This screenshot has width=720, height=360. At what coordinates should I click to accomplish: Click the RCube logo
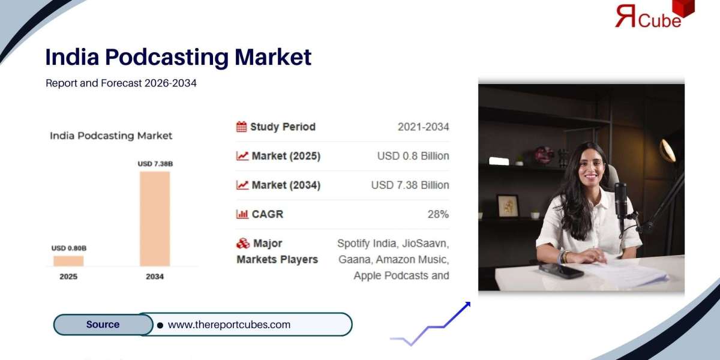coord(655,14)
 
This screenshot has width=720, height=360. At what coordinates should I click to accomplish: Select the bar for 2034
coord(155,218)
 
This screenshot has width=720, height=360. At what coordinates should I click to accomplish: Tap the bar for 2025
coord(68,261)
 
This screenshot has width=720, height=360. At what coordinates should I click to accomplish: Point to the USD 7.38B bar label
coord(155,164)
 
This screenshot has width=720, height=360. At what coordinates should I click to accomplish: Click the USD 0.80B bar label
coord(69,248)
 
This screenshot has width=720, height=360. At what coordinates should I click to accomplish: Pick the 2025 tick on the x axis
coord(68,277)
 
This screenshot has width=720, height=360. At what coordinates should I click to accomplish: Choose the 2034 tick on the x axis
coord(155,277)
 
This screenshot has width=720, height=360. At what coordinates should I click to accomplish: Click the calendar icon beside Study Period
coord(241,127)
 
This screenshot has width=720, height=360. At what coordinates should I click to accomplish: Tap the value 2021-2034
coord(424,127)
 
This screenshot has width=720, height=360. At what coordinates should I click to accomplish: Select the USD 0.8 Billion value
coord(413,156)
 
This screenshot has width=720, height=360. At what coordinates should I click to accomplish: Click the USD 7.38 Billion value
coord(410,185)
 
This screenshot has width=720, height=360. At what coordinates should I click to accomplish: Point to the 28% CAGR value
coord(438,214)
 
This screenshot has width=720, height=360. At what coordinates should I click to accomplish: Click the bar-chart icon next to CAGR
coord(242,214)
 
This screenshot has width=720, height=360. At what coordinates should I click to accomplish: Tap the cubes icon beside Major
coord(243,244)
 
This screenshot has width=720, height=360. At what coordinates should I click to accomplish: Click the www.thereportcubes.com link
coord(229,325)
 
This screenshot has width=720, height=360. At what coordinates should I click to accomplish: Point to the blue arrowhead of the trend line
coord(467,304)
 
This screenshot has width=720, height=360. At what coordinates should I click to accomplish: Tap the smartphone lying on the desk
coord(561,271)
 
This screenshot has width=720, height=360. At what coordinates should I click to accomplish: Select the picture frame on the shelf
coord(508,206)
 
